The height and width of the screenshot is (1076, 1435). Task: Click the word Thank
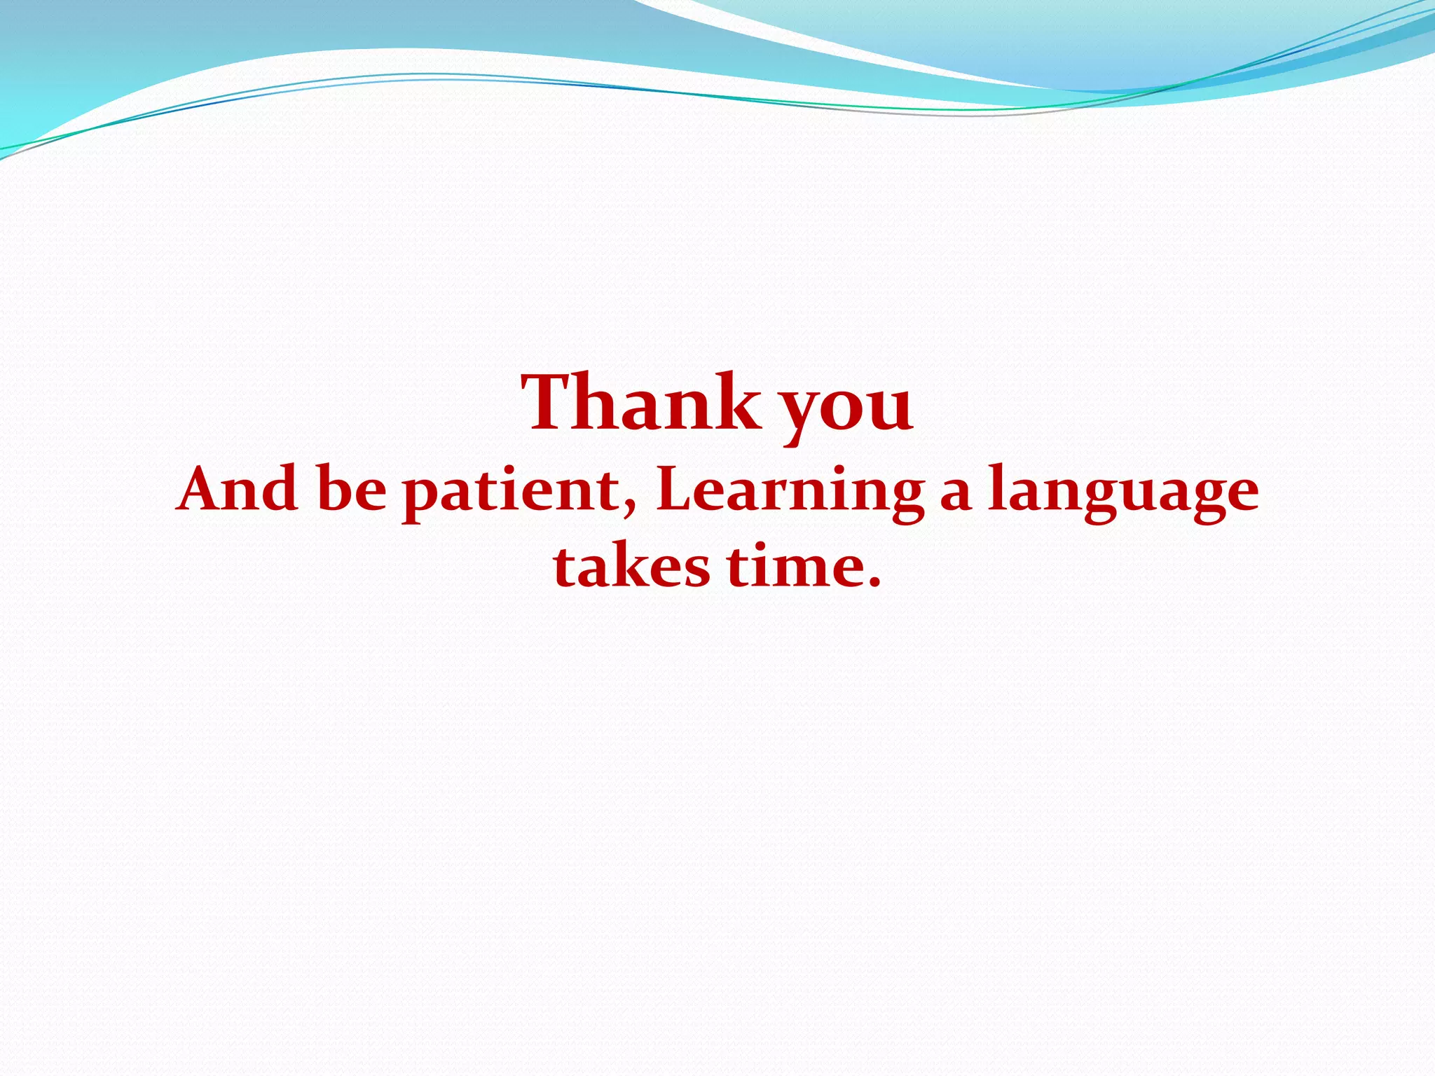[x=641, y=403]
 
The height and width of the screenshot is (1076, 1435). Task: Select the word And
[x=238, y=489]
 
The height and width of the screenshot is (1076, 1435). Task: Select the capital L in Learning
[x=675, y=489]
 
